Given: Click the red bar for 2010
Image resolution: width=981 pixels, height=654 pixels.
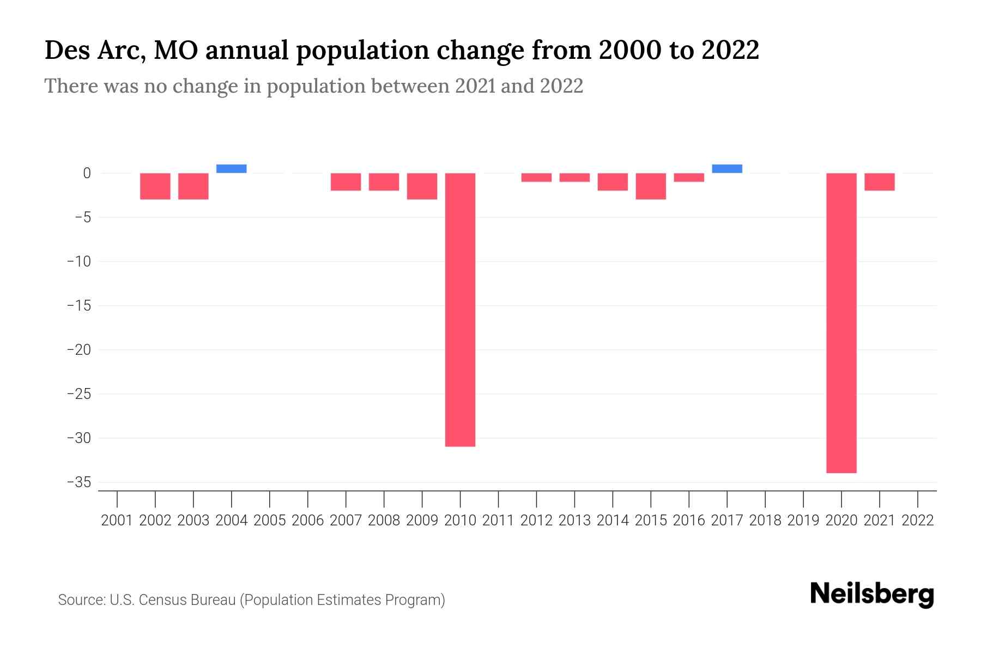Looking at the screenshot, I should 460,310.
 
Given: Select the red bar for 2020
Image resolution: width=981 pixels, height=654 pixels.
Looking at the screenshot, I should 841,323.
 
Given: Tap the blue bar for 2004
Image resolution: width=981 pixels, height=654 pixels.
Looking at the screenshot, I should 231,168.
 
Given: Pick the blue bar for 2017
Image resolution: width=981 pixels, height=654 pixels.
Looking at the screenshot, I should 726,168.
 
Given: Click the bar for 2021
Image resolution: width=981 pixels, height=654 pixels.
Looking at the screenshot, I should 879,182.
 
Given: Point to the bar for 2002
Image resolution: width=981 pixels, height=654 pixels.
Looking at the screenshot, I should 155,186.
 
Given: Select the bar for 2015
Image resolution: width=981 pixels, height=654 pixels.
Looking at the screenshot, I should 651,186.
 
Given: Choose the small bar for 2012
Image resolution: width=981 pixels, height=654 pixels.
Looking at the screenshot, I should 536,178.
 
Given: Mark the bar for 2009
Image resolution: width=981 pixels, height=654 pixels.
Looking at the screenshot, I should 422,186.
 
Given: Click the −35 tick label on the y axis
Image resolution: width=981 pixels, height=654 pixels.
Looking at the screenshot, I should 78,482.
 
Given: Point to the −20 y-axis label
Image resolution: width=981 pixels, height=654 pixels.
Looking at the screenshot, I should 78,350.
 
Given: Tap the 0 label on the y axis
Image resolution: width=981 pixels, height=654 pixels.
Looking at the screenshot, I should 87,173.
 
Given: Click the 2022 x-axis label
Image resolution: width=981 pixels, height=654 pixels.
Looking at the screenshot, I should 917,520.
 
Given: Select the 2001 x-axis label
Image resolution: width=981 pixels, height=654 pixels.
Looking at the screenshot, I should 117,520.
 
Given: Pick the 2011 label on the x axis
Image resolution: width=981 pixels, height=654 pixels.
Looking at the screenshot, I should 498,520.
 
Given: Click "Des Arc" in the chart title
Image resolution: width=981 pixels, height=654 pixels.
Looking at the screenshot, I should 94,51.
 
